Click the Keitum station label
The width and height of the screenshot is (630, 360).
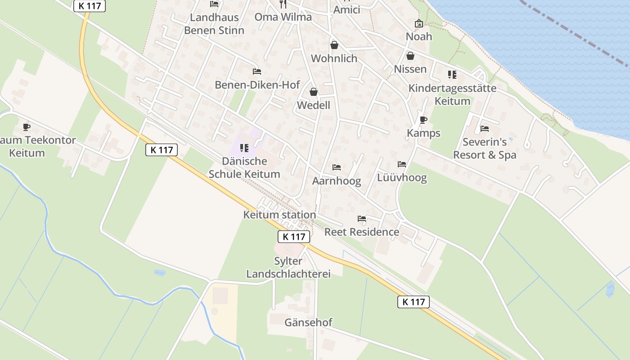(x=279, y=215)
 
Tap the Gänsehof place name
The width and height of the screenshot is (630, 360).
(x=308, y=322)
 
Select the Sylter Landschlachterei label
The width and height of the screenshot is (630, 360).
(x=288, y=267)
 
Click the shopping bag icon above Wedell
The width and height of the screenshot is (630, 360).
(x=314, y=92)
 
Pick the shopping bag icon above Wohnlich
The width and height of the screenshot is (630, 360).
(x=334, y=45)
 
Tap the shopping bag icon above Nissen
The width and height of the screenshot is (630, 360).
(x=410, y=56)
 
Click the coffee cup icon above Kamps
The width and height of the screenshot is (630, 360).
(x=423, y=120)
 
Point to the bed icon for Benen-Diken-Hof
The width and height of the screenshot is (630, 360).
(x=257, y=72)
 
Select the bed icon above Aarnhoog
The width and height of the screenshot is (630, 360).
(x=337, y=167)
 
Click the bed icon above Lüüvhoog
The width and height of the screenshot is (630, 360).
(x=402, y=164)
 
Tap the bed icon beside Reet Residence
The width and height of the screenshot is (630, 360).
(x=362, y=219)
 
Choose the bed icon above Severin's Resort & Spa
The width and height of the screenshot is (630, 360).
(x=485, y=129)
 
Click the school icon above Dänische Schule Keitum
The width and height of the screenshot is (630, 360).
(x=244, y=148)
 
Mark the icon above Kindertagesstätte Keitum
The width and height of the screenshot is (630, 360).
(x=452, y=75)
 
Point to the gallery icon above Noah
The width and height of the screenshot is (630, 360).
(x=419, y=23)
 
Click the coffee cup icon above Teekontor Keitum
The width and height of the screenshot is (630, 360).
(x=27, y=126)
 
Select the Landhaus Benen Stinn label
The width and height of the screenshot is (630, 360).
(x=214, y=24)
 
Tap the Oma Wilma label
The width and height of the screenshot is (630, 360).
(x=283, y=17)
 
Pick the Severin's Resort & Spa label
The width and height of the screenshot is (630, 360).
(x=485, y=148)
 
